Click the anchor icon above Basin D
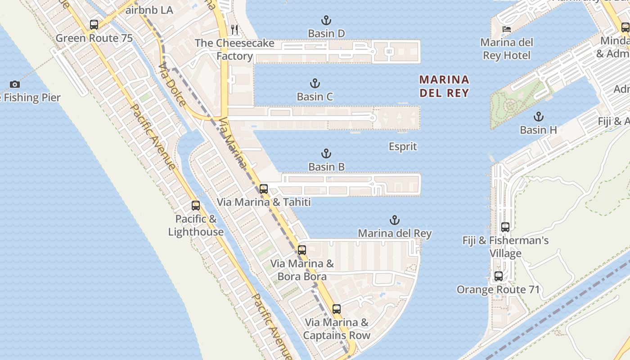[326, 20]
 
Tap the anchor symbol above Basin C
[315, 83]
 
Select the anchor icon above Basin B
[326, 153]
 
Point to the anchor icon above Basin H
[538, 117]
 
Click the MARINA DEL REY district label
[444, 86]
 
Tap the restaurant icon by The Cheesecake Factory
[234, 30]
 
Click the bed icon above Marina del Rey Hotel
[507, 29]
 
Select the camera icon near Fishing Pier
[15, 84]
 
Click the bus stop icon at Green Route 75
[94, 25]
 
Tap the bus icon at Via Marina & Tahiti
[264, 189]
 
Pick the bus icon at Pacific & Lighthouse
[196, 206]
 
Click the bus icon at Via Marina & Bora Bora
[302, 250]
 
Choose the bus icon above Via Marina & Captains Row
[337, 309]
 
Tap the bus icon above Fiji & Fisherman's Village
[505, 227]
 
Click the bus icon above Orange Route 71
[499, 276]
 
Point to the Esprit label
[403, 147]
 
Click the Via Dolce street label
[172, 85]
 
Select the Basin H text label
[538, 130]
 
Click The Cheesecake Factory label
[234, 49]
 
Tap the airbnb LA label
[149, 10]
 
